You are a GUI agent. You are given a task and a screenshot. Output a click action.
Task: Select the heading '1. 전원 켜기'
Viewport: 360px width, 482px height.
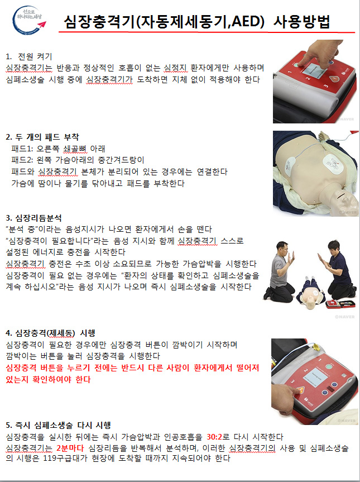tap(30, 56)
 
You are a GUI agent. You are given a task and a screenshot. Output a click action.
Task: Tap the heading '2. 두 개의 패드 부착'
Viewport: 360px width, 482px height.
tap(42, 137)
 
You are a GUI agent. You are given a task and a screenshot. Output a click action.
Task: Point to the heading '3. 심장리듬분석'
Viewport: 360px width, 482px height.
tap(34, 218)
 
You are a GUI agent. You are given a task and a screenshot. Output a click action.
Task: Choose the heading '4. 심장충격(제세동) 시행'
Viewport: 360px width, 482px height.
tap(51, 333)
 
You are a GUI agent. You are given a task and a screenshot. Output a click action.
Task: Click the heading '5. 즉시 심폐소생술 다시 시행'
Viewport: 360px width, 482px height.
tap(59, 426)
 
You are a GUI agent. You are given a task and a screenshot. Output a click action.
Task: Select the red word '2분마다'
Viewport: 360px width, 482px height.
tap(70, 448)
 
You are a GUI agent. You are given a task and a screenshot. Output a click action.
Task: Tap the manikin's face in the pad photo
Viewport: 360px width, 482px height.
tap(345, 199)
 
